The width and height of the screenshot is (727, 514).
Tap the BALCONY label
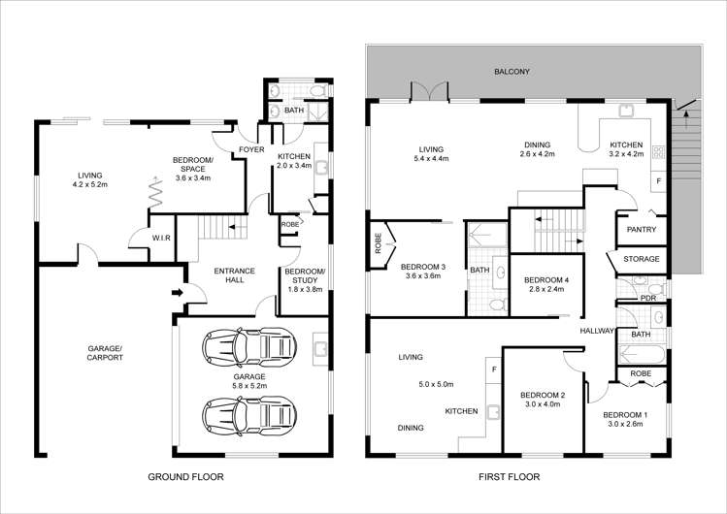(x=512, y=72)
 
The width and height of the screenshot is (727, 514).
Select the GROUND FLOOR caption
(x=185, y=477)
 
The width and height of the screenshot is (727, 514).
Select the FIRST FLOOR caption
(x=508, y=477)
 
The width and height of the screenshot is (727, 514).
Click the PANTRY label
(x=642, y=230)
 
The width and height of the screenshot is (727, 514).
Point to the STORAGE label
(x=642, y=260)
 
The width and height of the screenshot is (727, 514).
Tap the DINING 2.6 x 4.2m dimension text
(x=539, y=154)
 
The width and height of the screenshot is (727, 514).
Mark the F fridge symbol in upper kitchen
(x=659, y=180)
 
